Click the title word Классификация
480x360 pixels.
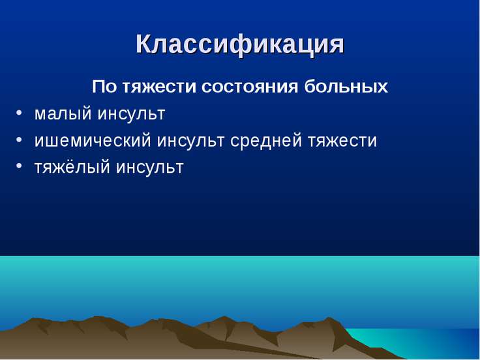click(x=240, y=45)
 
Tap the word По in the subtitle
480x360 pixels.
click(x=104, y=86)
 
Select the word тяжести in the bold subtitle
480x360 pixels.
click(x=159, y=87)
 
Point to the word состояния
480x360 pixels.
click(x=250, y=87)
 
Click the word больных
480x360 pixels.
click(x=346, y=86)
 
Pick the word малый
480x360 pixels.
click(x=63, y=113)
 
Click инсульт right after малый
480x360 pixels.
click(x=132, y=113)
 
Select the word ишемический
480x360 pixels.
click(x=93, y=140)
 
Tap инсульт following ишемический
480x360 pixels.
click(x=190, y=140)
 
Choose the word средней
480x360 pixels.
click(x=266, y=140)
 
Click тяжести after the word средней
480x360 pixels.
click(x=342, y=140)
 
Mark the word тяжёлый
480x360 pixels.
click(x=72, y=167)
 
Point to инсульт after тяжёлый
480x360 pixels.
click(x=150, y=168)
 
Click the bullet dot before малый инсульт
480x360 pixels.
click(x=19, y=113)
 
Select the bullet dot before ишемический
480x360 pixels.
click(x=19, y=140)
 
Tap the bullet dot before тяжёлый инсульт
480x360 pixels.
click(x=19, y=166)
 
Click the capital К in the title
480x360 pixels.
click(x=145, y=44)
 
